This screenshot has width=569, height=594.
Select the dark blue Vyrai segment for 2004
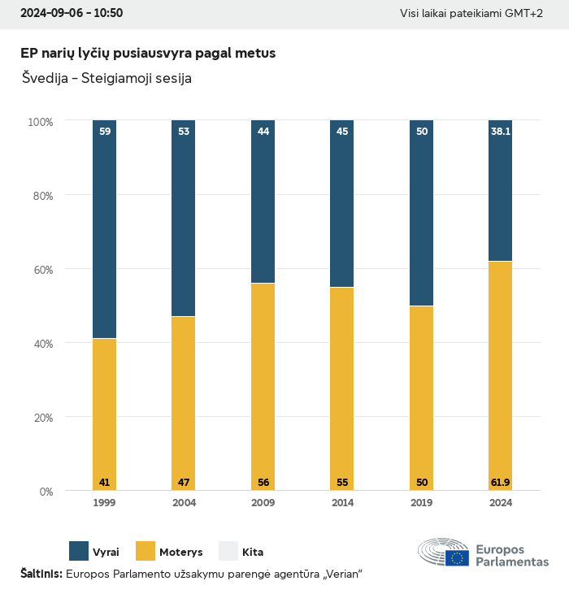coord(184,219)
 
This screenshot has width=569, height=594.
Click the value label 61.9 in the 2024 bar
coord(501,483)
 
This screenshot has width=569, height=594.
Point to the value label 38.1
coord(501,131)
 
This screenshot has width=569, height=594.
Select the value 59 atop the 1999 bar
coord(104,131)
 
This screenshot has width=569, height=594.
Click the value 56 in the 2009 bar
coord(263,483)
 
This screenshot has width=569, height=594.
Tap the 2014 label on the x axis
coord(342,503)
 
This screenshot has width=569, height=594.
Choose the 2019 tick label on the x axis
coord(421,503)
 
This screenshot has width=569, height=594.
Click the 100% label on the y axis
coord(40,122)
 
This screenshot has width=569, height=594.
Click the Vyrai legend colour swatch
coord(79,551)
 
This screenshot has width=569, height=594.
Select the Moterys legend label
coord(180,553)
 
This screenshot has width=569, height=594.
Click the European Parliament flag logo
coord(456,557)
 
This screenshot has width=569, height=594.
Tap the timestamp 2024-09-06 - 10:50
coord(72,14)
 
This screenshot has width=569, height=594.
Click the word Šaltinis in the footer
coord(41,574)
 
